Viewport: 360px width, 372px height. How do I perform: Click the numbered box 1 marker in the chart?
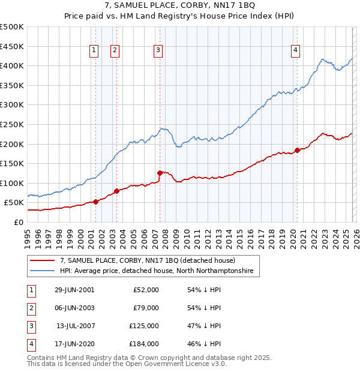point(95,51)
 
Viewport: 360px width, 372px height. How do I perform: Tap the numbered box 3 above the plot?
point(158,51)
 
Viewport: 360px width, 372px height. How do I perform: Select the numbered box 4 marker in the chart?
point(296,51)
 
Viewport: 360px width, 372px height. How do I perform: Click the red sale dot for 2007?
point(160,173)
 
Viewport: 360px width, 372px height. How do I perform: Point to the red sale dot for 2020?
point(297,150)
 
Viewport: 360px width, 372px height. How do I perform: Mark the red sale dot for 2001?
point(96,202)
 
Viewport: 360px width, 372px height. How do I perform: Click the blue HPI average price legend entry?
point(157,271)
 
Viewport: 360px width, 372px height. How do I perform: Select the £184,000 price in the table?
point(144,344)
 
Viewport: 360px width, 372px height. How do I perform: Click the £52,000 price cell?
point(146,290)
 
